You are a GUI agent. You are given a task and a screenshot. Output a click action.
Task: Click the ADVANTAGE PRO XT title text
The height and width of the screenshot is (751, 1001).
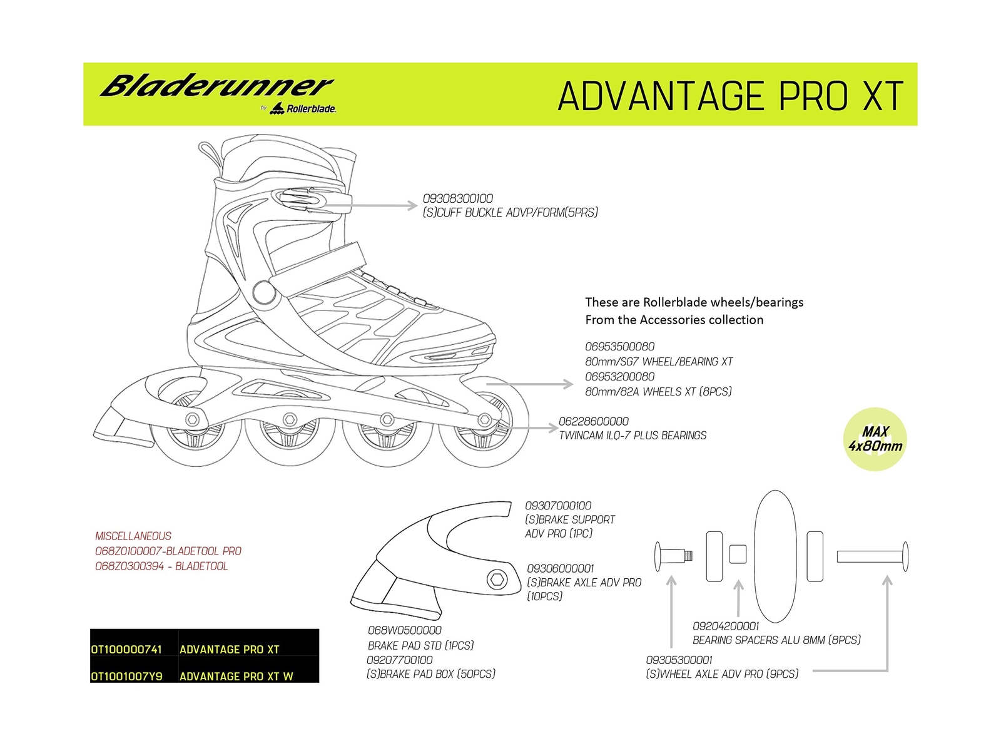tap(730, 96)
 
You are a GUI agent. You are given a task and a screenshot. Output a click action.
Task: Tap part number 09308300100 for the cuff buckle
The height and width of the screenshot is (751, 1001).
tap(458, 198)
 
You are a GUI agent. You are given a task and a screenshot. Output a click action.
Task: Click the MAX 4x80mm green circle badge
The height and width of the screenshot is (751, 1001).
tap(875, 439)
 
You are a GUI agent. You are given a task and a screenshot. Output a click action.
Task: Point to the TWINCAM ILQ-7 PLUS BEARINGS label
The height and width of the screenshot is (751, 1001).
tap(633, 436)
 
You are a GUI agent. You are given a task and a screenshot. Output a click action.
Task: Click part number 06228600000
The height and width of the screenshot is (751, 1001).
tap(594, 422)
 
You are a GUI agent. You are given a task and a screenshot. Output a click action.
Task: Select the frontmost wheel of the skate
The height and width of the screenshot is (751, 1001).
tap(484, 426)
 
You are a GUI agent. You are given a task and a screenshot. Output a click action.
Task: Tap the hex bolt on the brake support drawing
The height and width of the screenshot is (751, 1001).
tap(497, 580)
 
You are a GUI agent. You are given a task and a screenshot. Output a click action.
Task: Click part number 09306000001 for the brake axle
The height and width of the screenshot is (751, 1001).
tap(561, 569)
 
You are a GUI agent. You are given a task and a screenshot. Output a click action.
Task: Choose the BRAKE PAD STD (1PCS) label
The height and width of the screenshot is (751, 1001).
tap(421, 645)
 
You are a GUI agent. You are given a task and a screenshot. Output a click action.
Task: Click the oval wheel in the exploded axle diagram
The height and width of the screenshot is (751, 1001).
tap(775, 556)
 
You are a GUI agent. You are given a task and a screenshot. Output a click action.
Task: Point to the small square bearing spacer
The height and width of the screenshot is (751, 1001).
tap(738, 554)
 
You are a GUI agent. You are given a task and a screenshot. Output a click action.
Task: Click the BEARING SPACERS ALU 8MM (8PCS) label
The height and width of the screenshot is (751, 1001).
tap(776, 640)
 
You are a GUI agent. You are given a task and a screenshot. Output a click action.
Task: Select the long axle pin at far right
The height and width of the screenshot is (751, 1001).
tap(871, 556)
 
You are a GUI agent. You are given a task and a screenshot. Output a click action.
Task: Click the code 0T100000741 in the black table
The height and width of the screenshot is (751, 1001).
tap(127, 650)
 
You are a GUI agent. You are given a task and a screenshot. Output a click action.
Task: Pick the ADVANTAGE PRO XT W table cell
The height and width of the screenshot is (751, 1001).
tap(236, 677)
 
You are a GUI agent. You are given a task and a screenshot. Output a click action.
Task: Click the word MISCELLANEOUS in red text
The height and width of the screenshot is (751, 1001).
tap(133, 536)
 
